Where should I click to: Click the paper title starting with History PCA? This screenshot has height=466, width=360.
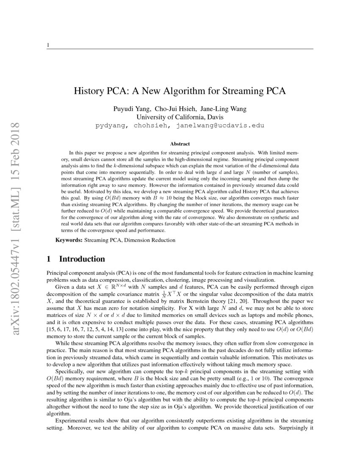(180, 91)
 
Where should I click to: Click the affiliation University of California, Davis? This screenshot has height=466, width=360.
(180, 117)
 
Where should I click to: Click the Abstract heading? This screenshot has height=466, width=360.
(180, 144)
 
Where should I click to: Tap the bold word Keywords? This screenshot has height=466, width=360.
(69, 240)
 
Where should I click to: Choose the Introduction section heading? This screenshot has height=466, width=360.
(82, 259)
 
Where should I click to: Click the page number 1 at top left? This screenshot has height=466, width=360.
(48, 45)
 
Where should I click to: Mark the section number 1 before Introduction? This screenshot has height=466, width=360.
(49, 259)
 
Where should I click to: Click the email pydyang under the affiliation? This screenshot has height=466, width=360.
(112, 125)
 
